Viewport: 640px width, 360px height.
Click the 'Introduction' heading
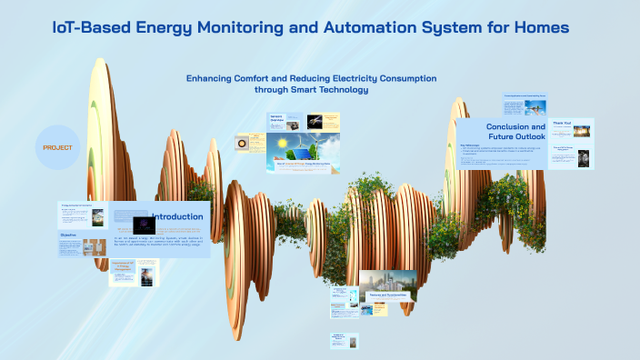[178, 216]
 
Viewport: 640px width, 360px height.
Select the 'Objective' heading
[68, 235]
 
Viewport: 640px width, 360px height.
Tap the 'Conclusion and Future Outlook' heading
[515, 133]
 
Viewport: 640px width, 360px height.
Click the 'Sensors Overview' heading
[277, 120]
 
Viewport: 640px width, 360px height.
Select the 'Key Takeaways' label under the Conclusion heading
[469, 144]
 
